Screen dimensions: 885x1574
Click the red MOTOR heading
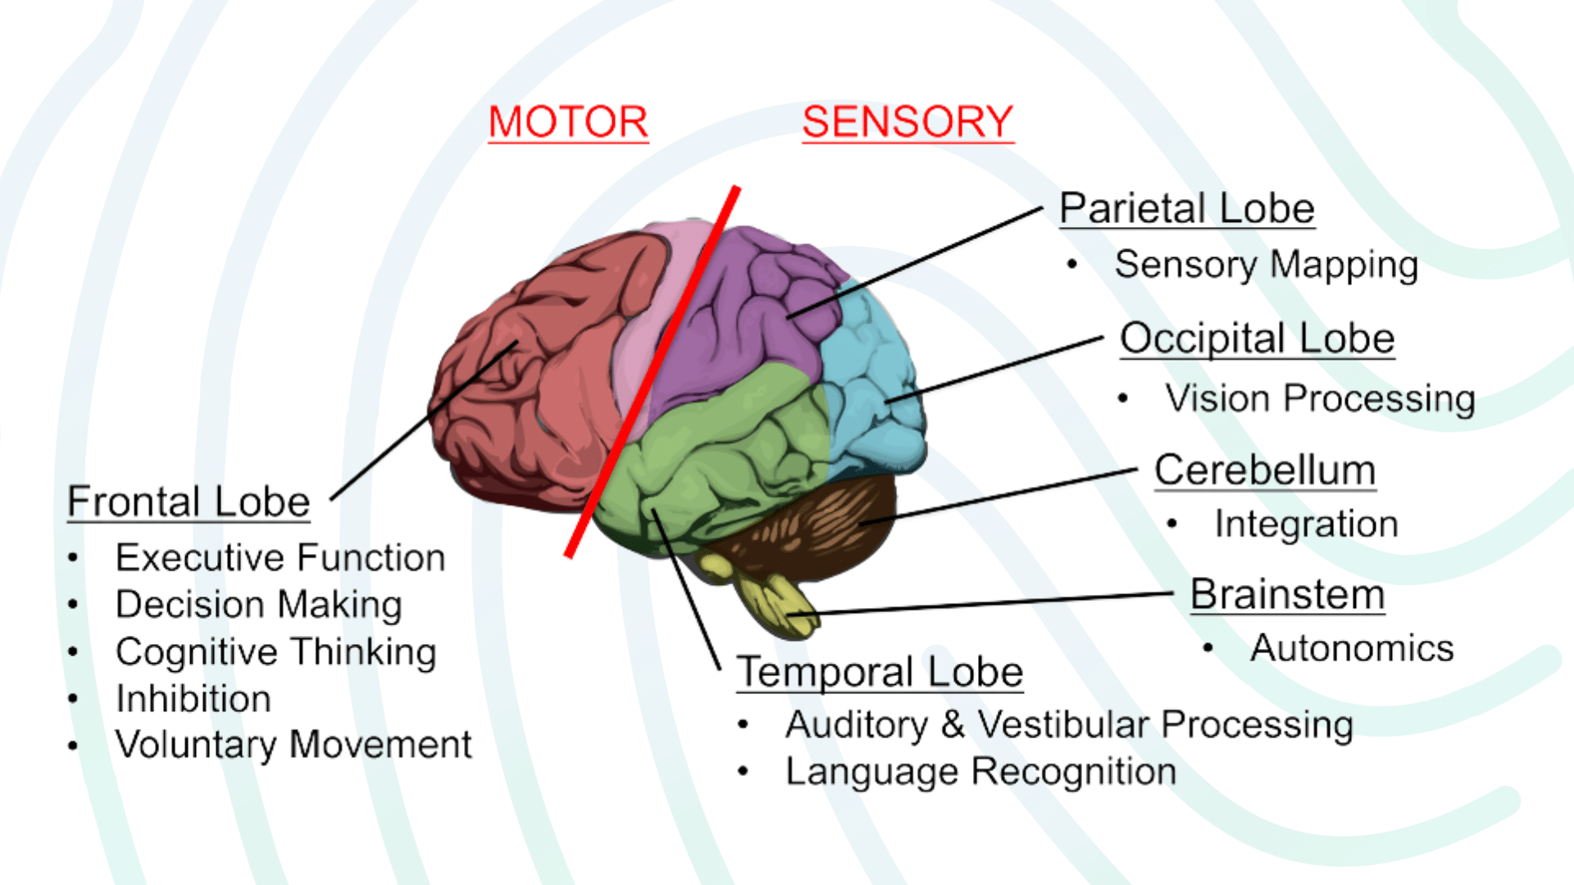pyautogui.click(x=568, y=122)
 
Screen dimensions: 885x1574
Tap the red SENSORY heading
pyautogui.click(x=908, y=122)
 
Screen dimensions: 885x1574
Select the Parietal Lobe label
pyautogui.click(x=1186, y=208)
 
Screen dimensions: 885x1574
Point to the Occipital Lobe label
pyautogui.click(x=1257, y=338)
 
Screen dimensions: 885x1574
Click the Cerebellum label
pyautogui.click(x=1264, y=470)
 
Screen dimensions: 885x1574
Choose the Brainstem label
pyautogui.click(x=1287, y=594)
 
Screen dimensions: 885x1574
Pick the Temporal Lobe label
pyautogui.click(x=880, y=672)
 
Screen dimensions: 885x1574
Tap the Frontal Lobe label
pyautogui.click(x=189, y=501)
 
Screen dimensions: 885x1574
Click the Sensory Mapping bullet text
pyautogui.click(x=1266, y=265)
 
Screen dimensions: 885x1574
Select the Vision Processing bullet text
pyautogui.click(x=1320, y=399)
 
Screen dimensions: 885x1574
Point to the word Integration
pyautogui.click(x=1306, y=524)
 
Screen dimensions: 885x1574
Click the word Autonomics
pyautogui.click(x=1352, y=648)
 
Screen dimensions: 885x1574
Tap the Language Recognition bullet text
pyautogui.click(x=980, y=772)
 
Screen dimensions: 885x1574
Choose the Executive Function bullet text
pyautogui.click(x=280, y=558)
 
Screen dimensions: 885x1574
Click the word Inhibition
pyautogui.click(x=193, y=699)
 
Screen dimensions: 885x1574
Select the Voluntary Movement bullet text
pyautogui.click(x=293, y=745)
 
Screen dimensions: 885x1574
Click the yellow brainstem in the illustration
pyautogui.click(x=771, y=602)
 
